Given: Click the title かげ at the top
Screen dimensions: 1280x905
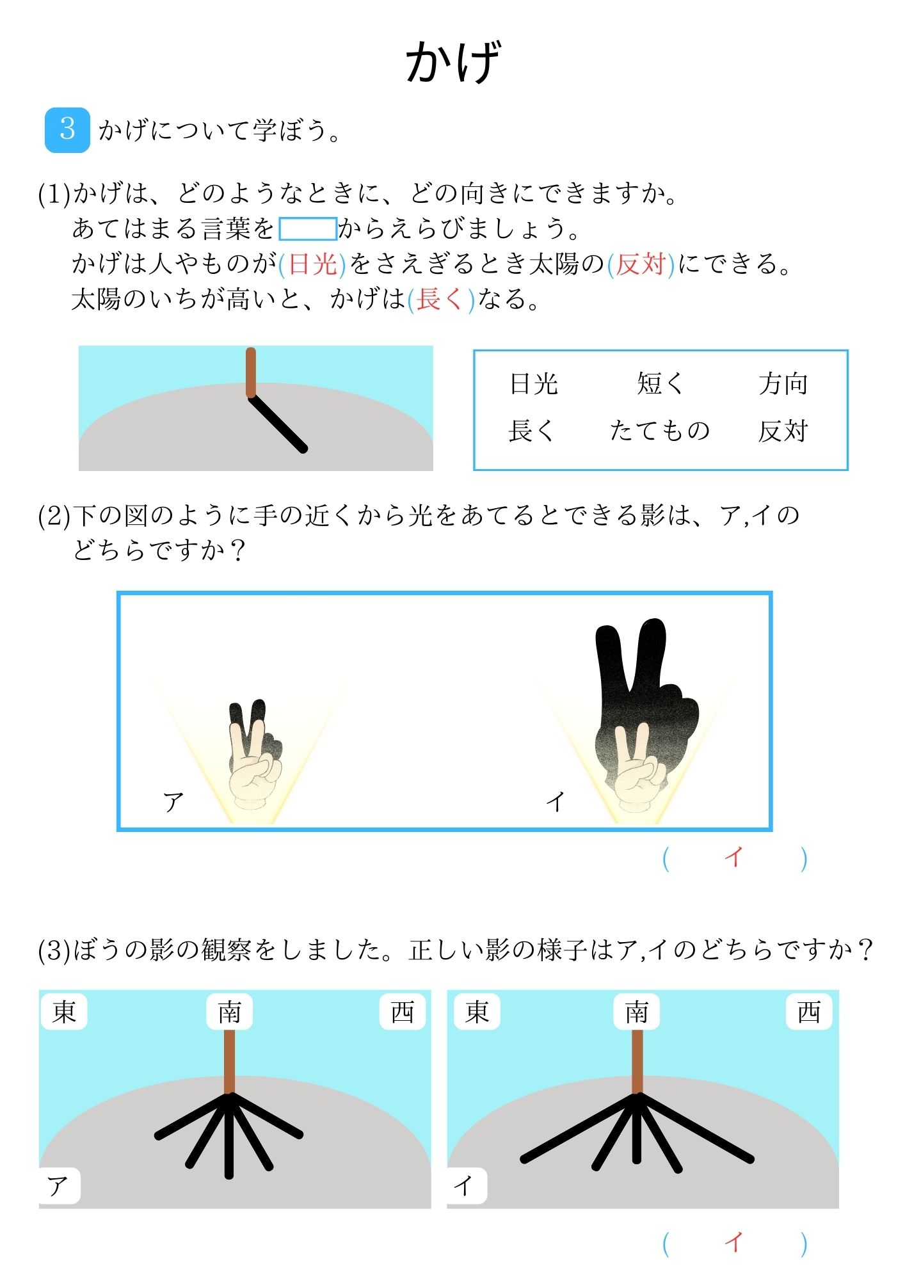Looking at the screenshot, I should (x=452, y=62).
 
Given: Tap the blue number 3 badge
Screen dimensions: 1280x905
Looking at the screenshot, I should (x=67, y=130).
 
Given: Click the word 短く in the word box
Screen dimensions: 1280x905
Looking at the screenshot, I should (x=660, y=384).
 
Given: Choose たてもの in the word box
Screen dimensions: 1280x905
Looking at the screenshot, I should (x=660, y=431).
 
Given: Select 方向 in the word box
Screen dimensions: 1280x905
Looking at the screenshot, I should (x=783, y=384).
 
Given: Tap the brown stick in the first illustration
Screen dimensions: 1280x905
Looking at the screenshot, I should (x=251, y=372).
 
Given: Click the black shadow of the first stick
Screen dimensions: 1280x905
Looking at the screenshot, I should (x=278, y=423).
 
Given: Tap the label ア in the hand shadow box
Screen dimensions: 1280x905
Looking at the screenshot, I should (x=173, y=801).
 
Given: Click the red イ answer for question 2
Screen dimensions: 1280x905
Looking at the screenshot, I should (x=734, y=857).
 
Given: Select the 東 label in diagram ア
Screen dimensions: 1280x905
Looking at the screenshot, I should (x=64, y=1012).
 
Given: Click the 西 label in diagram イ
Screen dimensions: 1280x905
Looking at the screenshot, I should (x=809, y=1012).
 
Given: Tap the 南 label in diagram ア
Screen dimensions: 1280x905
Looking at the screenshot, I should (x=229, y=1012).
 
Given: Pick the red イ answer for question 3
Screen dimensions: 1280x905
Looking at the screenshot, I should (x=734, y=1243).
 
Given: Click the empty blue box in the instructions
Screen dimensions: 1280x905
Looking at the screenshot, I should (x=308, y=229).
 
